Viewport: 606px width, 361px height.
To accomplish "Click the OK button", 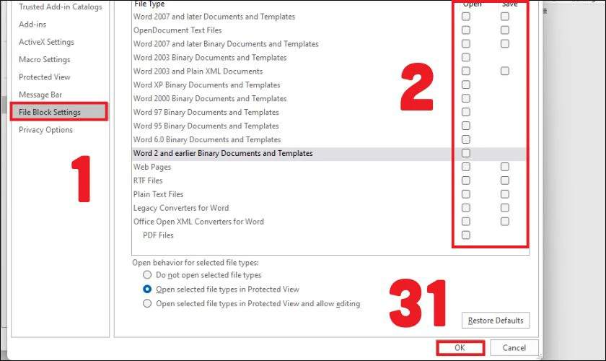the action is pos(460,347).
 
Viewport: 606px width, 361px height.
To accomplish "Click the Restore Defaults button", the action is pos(496,321).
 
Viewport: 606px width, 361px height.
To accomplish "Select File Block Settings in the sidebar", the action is pos(50,112).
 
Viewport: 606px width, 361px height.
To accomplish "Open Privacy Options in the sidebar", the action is pos(45,130).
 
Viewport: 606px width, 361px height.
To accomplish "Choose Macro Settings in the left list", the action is pos(45,59).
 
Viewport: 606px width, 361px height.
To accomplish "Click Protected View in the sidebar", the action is pos(45,77).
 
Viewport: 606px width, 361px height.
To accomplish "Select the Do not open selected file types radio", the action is pos(147,274).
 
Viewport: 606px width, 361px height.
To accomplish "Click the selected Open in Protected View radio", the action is pos(147,289).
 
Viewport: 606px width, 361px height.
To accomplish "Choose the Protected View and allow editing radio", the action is pos(147,303).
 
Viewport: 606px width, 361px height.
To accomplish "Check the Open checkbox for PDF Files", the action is pos(466,235).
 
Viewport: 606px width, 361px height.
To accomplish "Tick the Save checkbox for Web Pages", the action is pos(505,167).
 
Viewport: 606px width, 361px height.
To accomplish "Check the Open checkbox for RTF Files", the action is pos(466,180).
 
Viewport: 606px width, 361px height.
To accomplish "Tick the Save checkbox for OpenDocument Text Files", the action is pos(505,30).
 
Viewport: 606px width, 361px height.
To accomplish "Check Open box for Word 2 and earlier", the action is pos(466,153).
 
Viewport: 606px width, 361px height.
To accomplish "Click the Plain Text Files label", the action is pos(158,194).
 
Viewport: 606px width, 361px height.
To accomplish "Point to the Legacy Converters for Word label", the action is pos(181,208).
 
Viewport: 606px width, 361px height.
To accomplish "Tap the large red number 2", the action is pos(417,87).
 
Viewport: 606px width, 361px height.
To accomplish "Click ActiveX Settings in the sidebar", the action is pos(46,42).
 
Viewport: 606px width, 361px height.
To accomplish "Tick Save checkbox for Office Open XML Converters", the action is pos(505,222).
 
